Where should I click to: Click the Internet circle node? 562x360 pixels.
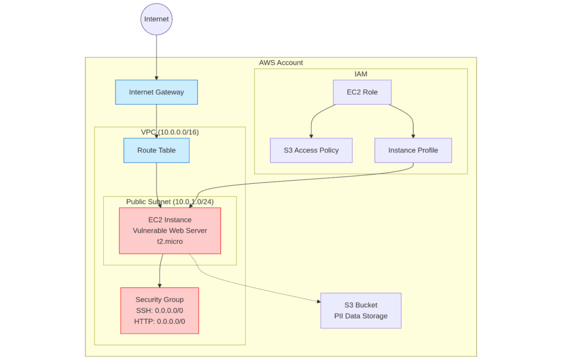(x=156, y=19)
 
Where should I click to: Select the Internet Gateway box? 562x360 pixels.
(x=156, y=92)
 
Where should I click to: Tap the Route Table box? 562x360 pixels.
(x=156, y=150)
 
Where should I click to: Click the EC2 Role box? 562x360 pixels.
(x=362, y=92)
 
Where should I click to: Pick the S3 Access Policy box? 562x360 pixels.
(x=311, y=150)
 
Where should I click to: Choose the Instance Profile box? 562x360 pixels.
(x=413, y=150)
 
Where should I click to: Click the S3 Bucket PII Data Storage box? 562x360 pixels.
(x=361, y=311)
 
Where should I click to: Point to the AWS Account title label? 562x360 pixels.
(x=281, y=63)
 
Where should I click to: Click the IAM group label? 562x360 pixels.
(x=361, y=74)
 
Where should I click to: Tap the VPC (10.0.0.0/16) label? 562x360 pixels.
(x=170, y=132)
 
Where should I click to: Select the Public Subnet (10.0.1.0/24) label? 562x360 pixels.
(x=170, y=201)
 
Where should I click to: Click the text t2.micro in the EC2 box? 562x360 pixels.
(x=170, y=241)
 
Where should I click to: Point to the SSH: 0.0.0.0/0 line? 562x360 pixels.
(x=160, y=311)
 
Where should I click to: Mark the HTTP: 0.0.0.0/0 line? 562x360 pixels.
(x=160, y=322)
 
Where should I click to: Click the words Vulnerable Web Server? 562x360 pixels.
(x=170, y=230)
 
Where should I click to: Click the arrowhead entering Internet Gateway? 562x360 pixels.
(x=156, y=78)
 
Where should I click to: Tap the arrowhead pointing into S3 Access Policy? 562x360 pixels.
(x=311, y=136)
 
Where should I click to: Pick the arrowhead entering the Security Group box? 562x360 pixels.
(x=160, y=285)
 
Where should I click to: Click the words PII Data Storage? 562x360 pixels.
(x=361, y=316)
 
